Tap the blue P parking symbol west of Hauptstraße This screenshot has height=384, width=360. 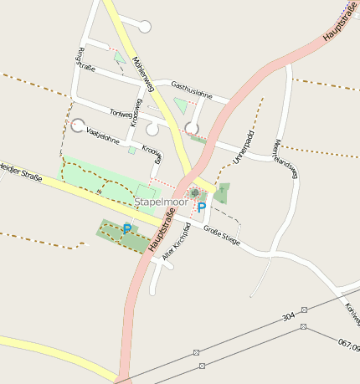[x=127, y=228]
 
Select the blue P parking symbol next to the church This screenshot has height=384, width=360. [x=201, y=207]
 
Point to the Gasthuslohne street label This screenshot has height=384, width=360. [x=199, y=90]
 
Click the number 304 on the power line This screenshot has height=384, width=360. [x=288, y=318]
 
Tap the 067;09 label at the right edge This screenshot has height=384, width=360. [x=349, y=344]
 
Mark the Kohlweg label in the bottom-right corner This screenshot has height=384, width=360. [x=352, y=314]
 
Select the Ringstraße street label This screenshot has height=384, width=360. [x=83, y=59]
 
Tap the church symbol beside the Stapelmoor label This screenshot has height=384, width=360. [x=195, y=193]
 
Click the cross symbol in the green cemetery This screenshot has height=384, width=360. [x=222, y=189]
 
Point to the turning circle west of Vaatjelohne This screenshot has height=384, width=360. [x=78, y=126]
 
